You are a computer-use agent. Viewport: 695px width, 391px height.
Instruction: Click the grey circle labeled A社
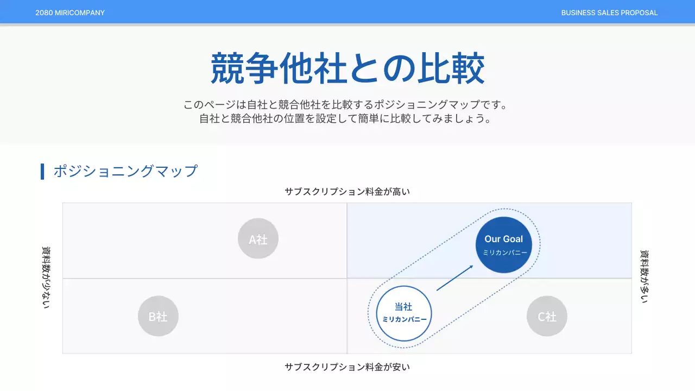[258, 238]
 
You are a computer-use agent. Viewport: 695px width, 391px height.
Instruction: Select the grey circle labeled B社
[158, 316]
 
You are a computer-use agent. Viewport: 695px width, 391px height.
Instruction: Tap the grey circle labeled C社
[547, 316]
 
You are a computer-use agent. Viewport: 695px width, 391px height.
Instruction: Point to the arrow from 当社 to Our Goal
[454, 278]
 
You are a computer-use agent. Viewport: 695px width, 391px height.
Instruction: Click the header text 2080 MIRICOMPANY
[70, 12]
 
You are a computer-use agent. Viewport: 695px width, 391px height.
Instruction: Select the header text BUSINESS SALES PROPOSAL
[609, 12]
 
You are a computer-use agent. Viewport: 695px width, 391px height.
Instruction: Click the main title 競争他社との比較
[347, 68]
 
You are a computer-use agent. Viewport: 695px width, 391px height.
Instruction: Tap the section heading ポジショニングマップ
[125, 171]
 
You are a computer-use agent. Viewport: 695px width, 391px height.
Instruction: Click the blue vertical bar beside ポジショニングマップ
[42, 171]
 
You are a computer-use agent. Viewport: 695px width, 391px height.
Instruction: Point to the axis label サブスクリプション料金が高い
[347, 191]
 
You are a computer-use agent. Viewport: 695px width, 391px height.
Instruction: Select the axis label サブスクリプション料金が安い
[347, 367]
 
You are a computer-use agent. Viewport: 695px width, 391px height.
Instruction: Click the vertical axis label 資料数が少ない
[46, 278]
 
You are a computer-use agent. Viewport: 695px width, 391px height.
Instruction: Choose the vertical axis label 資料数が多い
[645, 276]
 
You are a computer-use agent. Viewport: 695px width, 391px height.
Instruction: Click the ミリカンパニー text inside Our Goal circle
[505, 253]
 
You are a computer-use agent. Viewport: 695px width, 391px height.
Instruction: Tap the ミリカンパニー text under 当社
[405, 319]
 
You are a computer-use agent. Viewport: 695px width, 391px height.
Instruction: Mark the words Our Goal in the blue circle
[504, 239]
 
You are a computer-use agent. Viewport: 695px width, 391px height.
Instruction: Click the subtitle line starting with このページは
[347, 104]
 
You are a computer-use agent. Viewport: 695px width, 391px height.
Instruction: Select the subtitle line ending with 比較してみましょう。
[347, 118]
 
